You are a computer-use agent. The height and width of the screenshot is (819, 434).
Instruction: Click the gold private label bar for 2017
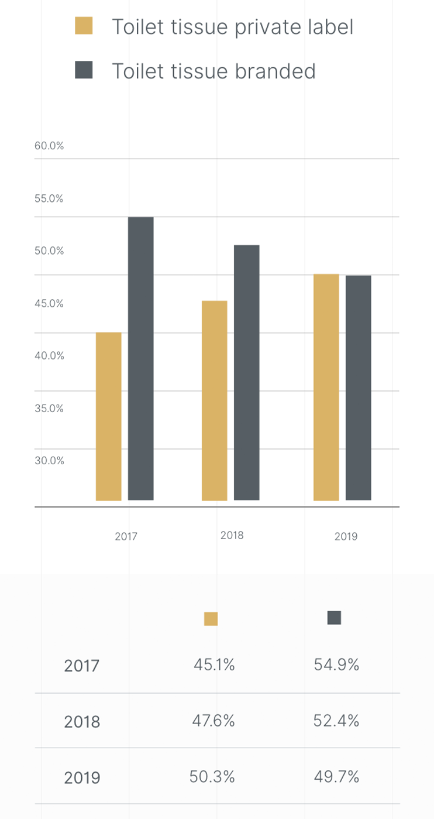109,416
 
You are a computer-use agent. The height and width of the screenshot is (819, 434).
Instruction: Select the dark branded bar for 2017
141,358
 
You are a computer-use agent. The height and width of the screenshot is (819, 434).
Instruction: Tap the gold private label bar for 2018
215,400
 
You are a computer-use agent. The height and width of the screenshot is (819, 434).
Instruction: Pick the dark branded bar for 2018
247,372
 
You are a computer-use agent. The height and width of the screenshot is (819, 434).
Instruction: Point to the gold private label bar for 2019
326,387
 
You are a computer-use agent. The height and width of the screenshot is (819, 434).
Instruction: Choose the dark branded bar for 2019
359,388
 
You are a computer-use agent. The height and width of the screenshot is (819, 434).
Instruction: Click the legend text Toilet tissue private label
232,27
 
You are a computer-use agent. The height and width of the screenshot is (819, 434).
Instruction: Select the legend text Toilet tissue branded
213,71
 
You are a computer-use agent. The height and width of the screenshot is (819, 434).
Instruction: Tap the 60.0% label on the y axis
49,146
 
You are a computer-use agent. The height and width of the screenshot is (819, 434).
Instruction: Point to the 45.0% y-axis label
49,303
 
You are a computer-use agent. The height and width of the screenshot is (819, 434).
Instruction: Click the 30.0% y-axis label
49,460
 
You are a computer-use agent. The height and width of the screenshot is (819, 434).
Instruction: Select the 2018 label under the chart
232,535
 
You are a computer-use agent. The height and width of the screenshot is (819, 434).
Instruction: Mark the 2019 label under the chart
346,536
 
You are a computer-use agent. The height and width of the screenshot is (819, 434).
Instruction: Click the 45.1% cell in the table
214,665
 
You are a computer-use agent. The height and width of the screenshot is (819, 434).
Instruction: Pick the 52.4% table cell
336,721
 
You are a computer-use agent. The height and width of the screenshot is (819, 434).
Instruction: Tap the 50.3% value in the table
212,777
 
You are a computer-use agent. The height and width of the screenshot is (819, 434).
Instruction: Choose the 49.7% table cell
336,777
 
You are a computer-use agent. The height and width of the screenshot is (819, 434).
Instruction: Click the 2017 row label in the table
82,666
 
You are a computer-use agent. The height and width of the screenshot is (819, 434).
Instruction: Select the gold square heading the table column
211,619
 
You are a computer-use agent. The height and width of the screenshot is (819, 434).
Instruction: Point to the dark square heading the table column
334,618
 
